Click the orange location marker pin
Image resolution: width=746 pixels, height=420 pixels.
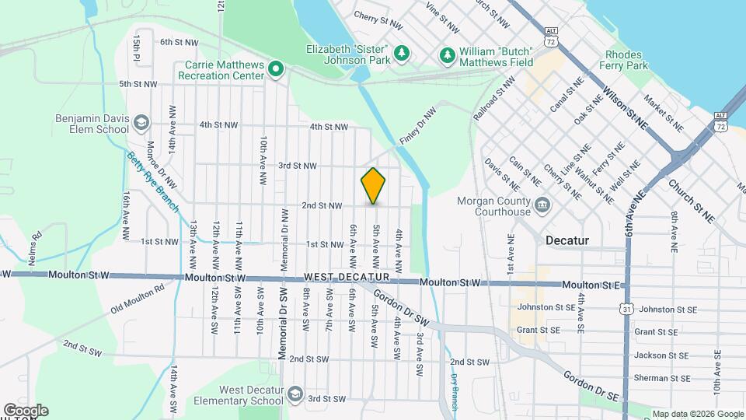pyautogui.click(x=373, y=185)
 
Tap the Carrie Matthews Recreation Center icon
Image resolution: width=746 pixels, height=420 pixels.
pyautogui.click(x=275, y=71)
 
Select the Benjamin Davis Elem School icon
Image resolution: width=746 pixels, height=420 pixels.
pyautogui.click(x=141, y=123)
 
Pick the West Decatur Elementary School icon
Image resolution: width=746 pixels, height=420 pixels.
pyautogui.click(x=295, y=394)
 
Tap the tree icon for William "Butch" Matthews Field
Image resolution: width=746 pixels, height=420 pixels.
pyautogui.click(x=447, y=54)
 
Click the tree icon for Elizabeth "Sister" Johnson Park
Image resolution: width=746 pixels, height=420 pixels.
pyautogui.click(x=401, y=53)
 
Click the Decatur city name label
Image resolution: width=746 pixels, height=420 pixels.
pyautogui.click(x=569, y=240)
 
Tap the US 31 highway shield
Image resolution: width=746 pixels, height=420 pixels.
pyautogui.click(x=626, y=309)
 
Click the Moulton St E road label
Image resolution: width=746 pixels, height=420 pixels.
pyautogui.click(x=596, y=285)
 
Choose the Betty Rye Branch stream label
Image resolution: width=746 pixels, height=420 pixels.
pyautogui.click(x=152, y=182)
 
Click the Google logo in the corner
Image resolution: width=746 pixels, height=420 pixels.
pyautogui.click(x=26, y=410)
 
